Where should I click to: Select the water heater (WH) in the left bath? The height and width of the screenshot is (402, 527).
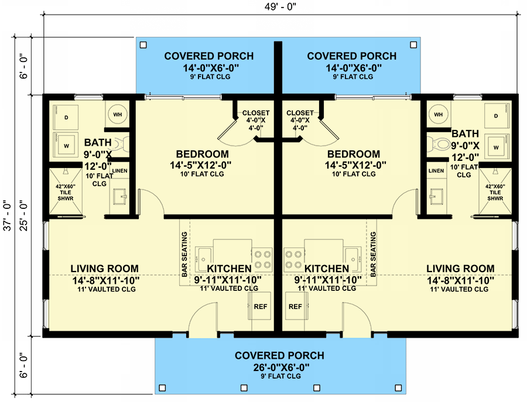pos(117,114)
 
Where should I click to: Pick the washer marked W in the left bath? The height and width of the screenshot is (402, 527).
pos(66,144)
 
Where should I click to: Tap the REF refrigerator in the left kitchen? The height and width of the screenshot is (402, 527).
pos(260,307)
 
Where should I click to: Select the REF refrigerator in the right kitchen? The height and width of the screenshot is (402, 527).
pos(296,307)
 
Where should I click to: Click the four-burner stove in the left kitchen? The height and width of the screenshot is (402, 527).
pos(262,258)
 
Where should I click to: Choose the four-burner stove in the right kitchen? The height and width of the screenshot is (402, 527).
pos(295,258)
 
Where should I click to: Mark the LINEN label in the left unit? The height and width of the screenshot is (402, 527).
pos(119,171)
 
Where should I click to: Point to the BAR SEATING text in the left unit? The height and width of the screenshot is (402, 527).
pos(184,255)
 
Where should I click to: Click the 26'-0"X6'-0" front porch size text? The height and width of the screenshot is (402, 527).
pos(279,367)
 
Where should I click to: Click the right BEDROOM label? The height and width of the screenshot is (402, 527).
pos(353,154)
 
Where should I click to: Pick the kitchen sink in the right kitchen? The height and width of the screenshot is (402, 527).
pos(352,255)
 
